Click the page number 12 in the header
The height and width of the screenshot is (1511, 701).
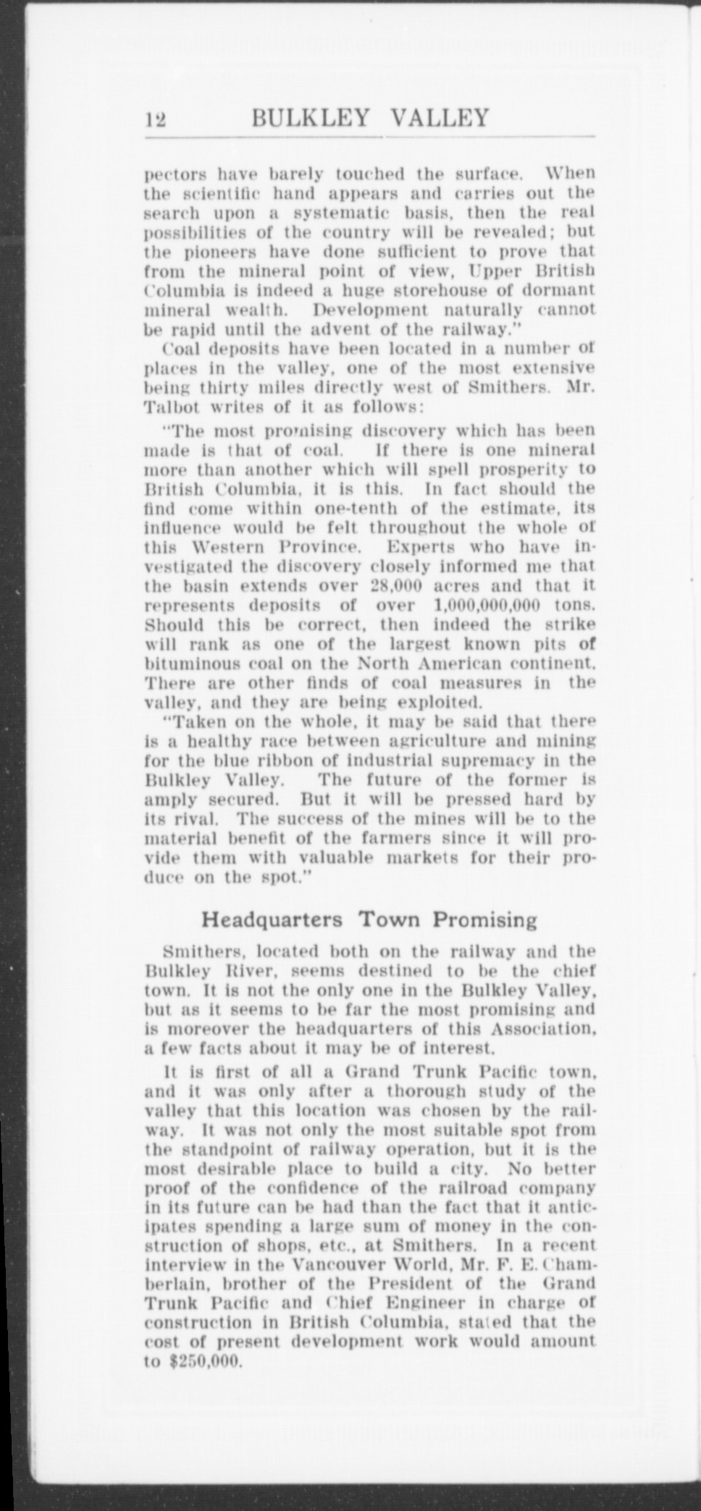[155, 118]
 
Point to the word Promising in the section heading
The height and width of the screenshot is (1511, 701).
[485, 920]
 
